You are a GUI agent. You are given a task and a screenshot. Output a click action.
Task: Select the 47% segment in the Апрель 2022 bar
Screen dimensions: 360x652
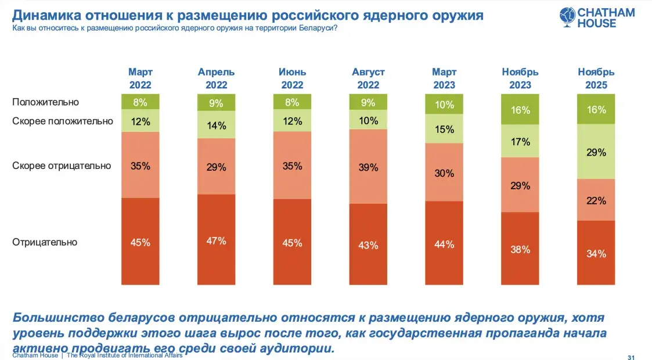coord(216,240)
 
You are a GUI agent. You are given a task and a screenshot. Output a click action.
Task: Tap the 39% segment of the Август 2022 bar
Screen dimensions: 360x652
coord(368,167)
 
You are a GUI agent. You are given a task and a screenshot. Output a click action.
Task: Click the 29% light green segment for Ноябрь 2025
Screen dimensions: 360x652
coord(596,152)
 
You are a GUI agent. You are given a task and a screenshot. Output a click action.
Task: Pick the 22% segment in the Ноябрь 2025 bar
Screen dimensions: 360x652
coord(596,200)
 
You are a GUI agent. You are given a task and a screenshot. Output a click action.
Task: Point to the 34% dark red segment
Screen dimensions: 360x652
coord(596,253)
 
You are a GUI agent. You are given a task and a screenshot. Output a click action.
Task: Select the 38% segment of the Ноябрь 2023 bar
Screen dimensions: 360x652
coord(520,249)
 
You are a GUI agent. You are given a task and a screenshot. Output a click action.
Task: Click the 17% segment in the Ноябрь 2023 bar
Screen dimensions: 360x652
coord(520,141)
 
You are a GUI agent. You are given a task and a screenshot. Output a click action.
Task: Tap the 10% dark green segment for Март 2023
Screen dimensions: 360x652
coord(444,105)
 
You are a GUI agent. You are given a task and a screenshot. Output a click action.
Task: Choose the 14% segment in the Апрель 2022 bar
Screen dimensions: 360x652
coord(216,125)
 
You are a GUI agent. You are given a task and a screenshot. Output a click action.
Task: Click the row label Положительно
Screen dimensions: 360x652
coord(45,102)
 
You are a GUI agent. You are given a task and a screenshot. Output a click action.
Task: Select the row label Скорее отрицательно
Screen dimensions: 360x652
coord(61,165)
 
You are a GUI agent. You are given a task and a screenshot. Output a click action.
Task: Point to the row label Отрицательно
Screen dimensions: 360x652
coord(45,242)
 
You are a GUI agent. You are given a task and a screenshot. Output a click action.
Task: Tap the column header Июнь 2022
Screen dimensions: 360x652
coord(292,78)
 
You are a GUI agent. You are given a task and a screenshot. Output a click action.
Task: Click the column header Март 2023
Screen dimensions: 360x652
coord(444,78)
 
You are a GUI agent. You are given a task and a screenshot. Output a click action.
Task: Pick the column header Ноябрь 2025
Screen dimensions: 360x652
coord(596,78)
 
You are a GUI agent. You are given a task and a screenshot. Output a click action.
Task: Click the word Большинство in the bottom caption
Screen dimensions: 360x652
coord(58,319)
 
